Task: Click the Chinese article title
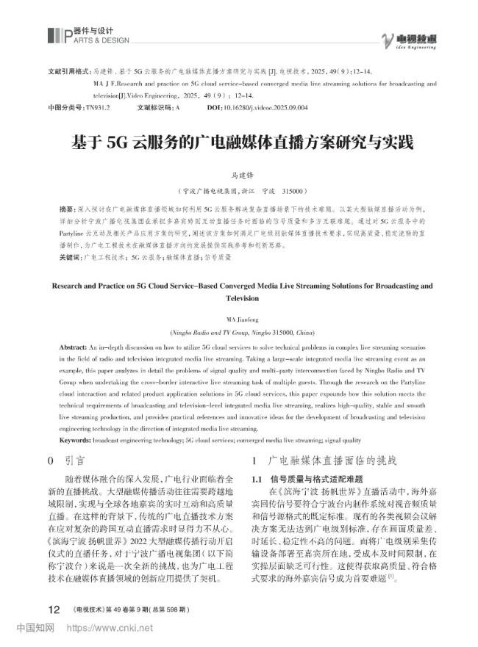(238, 140)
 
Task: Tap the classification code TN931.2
(97, 107)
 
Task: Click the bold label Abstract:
(72, 344)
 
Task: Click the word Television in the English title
(238, 299)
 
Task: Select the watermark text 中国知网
(35, 629)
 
